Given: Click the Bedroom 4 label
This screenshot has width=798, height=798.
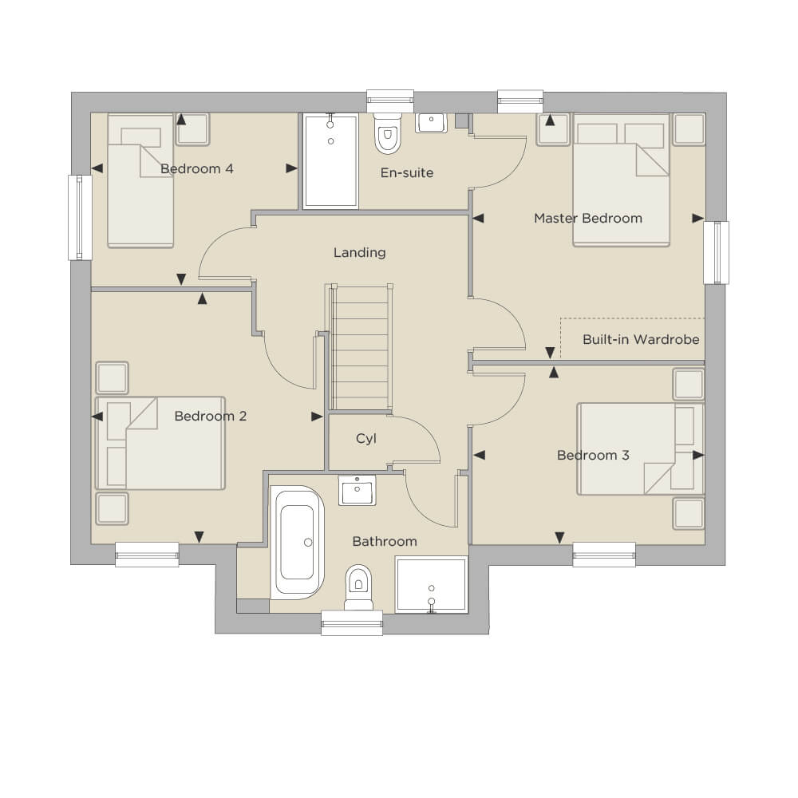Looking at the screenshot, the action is point(197,169).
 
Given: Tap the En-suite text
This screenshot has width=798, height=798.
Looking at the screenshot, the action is point(407,173).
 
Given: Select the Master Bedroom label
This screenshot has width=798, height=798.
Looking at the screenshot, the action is point(588,219).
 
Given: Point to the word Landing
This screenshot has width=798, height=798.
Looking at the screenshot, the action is point(360,253).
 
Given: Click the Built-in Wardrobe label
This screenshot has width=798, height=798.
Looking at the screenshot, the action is point(641,339).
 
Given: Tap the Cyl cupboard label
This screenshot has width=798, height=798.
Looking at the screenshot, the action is point(366,439).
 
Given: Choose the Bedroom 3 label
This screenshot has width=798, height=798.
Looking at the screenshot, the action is point(593,455).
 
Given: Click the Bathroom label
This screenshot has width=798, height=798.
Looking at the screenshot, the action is point(385,542).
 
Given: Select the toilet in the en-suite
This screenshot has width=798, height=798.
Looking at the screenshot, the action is point(388,133).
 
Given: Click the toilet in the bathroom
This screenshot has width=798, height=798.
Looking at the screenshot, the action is point(359,587).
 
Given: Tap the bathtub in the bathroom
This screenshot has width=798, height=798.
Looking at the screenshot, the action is point(297,542).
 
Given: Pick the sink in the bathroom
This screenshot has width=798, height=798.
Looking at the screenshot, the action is point(357,491).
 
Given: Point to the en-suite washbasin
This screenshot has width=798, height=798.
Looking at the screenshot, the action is point(431,123).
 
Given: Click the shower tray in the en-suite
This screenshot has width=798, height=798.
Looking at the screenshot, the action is point(331,161).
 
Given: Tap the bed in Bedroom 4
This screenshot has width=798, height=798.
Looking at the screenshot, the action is point(140,180).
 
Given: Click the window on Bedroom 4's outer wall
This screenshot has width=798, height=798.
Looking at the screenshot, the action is point(80,217).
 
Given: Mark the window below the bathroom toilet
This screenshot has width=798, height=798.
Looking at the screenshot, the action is point(352,623).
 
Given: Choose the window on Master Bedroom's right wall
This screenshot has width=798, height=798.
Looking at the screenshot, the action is point(717,252).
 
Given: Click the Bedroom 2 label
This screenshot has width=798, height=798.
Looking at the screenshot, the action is point(210,417).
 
